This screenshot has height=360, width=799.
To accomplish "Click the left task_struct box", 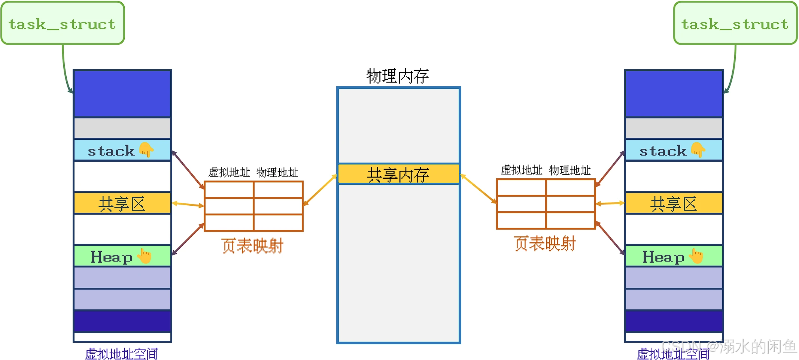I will pos(63,23).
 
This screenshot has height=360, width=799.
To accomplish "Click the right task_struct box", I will pos(735,23).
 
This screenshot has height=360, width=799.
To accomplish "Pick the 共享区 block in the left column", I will pos(122,203).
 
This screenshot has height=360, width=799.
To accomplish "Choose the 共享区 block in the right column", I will pos(674,203).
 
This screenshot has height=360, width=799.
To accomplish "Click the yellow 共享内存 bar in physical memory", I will pos(398,174).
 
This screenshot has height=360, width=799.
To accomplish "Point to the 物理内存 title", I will pos(398,76).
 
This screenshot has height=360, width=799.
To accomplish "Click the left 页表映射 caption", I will pos(252,246).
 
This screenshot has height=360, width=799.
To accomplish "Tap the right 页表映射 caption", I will pos(545,243).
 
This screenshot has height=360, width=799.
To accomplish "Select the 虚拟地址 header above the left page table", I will pos(229,172).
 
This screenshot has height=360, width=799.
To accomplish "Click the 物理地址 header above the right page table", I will pos(570,170).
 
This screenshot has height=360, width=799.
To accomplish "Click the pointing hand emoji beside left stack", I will pos(146,150).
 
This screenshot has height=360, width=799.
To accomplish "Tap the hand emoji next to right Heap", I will pos(696,256).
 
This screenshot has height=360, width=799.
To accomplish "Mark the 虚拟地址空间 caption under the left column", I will pos(122,354).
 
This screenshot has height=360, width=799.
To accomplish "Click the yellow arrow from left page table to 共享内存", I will pos(320,190).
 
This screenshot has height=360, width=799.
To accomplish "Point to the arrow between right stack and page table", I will pos(610,169).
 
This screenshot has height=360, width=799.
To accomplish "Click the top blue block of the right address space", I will pos(674,94).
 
